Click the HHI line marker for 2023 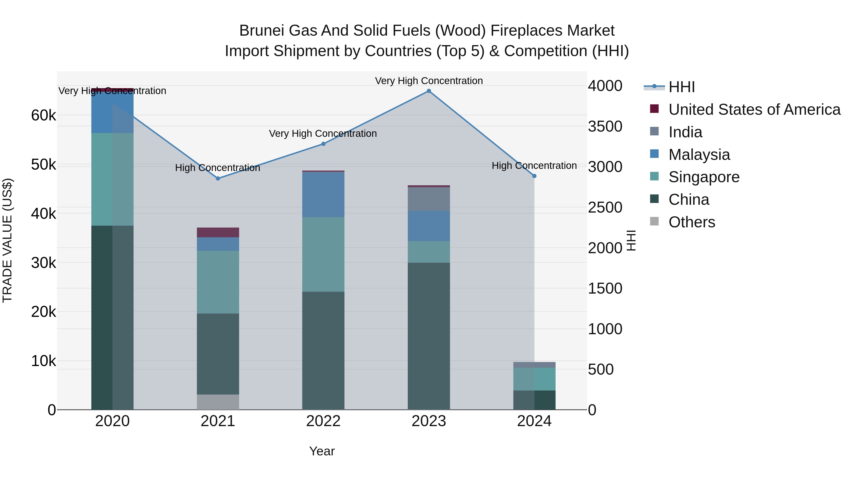point(429,91)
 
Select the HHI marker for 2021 point(218,179)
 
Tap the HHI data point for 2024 point(534,176)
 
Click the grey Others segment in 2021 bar point(218,402)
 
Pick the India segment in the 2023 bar point(429,199)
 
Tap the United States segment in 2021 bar point(218,232)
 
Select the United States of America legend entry point(754,110)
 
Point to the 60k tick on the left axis point(43,115)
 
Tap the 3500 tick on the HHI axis point(605,126)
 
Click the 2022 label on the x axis point(323,421)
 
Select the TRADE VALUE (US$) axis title point(8,240)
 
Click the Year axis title point(322,451)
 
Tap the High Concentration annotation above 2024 point(534,165)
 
